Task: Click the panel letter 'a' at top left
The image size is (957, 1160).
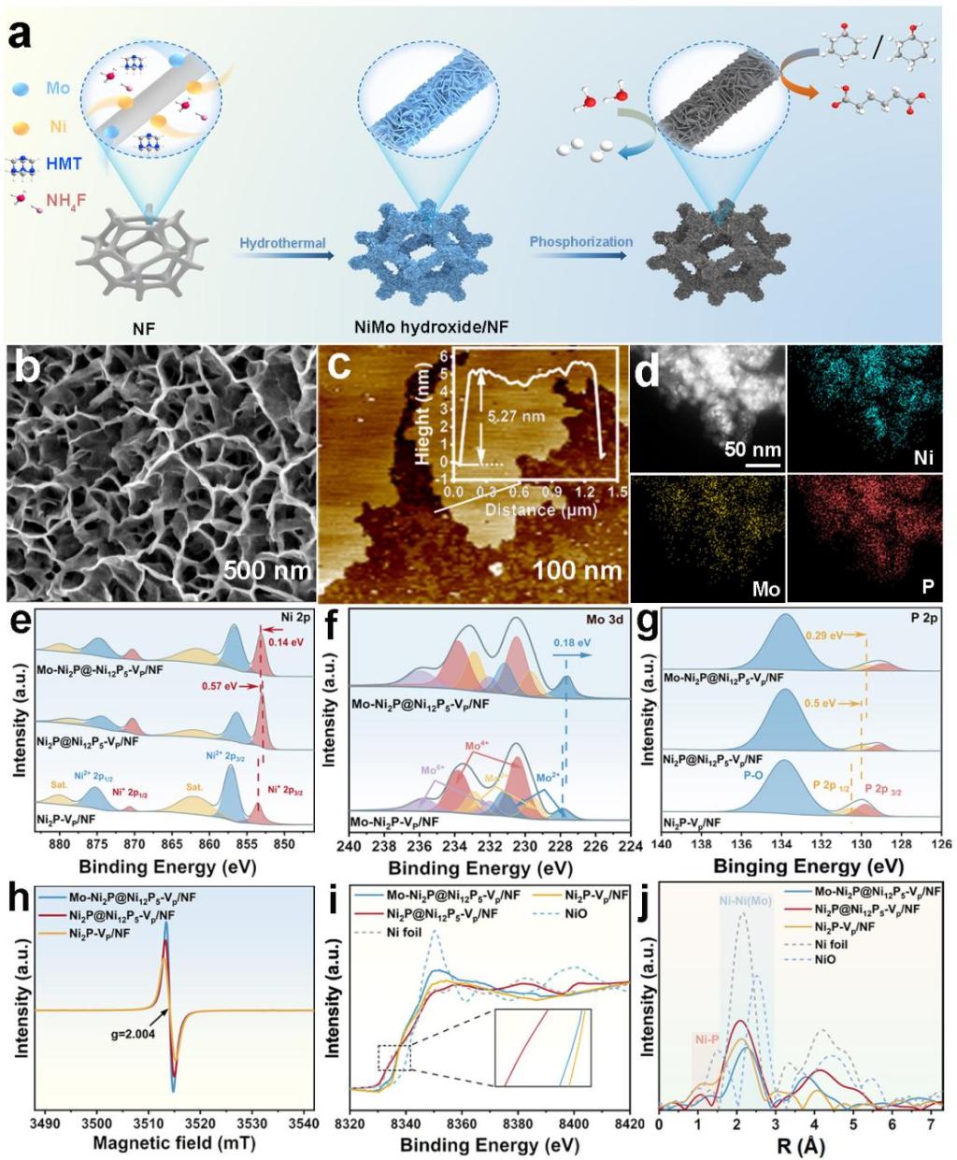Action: (22, 39)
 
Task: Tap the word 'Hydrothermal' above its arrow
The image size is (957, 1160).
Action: (282, 243)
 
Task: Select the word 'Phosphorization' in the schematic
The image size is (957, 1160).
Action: (581, 242)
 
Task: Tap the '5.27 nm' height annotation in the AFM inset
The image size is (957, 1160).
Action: (519, 408)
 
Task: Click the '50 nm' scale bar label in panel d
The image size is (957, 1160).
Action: (750, 450)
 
